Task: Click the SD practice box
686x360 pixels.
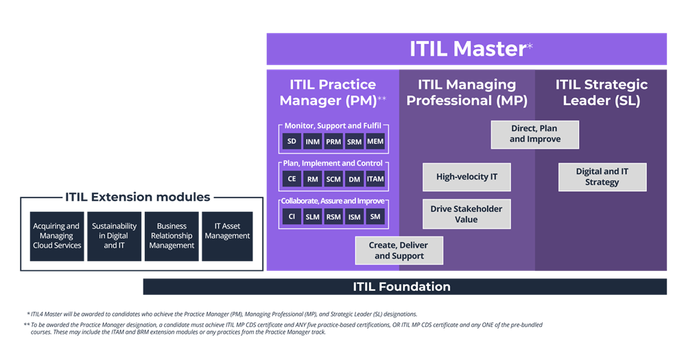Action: click(292, 141)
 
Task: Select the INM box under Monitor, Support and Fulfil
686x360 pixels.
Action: click(312, 141)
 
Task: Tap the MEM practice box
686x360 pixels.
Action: click(375, 141)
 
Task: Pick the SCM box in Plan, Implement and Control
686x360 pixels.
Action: click(333, 179)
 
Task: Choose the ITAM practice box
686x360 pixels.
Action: click(375, 179)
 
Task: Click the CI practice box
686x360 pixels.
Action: click(292, 217)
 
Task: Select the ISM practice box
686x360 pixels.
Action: click(355, 217)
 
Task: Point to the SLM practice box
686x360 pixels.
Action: click(312, 217)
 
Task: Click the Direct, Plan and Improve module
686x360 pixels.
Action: click(534, 134)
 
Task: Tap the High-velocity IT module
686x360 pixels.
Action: click(466, 177)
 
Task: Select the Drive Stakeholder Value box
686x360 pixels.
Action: click(466, 214)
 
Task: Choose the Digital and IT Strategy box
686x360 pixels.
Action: click(602, 177)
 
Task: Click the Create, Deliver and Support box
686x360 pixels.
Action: click(399, 250)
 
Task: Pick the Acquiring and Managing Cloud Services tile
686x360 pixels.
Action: click(57, 236)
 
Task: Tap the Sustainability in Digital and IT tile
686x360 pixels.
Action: click(114, 236)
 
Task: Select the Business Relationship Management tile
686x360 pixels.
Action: click(171, 236)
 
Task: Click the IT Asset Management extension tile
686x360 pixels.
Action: click(227, 236)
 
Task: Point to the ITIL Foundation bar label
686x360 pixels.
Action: click(401, 287)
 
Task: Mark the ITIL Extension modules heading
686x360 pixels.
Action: click(137, 197)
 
